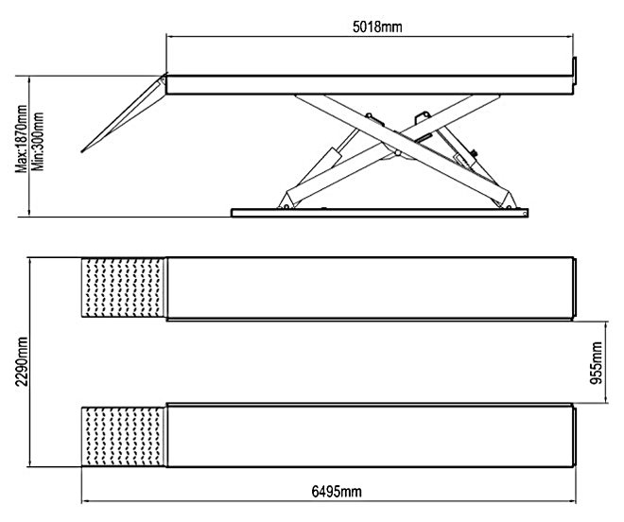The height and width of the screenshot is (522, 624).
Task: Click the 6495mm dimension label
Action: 338,492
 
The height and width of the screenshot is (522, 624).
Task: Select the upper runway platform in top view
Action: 369,288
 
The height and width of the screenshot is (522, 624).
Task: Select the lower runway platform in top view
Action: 369,437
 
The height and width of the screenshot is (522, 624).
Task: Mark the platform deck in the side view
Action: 369,85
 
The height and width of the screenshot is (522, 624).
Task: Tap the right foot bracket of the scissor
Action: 511,197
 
